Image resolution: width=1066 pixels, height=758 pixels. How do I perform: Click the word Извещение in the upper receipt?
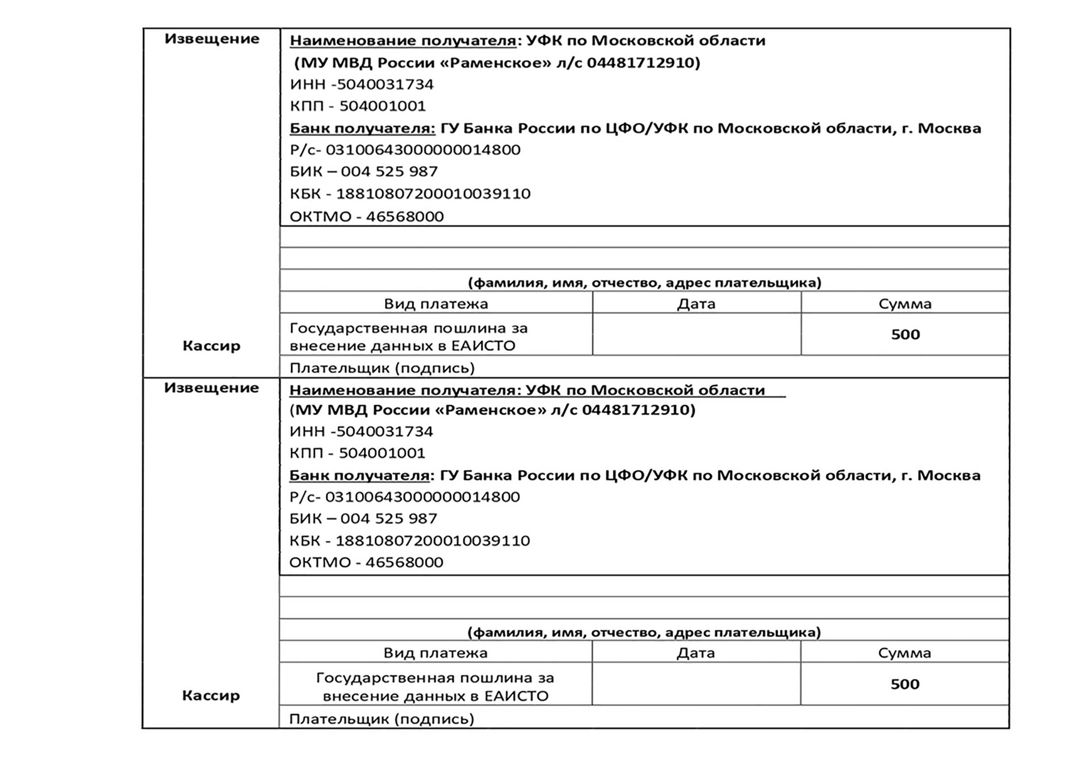(212, 39)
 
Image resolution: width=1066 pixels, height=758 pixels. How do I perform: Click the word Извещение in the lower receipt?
(212, 388)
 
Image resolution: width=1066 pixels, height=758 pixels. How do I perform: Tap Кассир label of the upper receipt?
(212, 346)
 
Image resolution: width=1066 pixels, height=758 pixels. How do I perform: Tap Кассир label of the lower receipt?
(211, 696)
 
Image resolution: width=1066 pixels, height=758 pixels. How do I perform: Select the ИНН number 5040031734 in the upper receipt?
(385, 85)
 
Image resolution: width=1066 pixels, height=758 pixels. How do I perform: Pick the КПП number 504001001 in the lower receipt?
(382, 453)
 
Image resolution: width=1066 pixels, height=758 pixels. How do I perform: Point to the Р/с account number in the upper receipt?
(423, 150)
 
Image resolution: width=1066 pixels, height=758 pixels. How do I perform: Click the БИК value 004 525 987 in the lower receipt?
(389, 519)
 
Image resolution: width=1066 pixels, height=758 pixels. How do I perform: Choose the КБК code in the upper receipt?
(433, 194)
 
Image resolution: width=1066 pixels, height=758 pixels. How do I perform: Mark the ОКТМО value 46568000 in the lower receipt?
(404, 562)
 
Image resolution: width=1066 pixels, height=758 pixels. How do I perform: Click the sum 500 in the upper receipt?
(905, 335)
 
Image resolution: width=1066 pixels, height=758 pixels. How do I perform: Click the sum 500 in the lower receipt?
(905, 684)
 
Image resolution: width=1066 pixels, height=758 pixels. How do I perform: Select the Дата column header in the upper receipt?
(697, 304)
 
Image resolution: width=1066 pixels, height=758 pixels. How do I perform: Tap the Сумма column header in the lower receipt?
(904, 653)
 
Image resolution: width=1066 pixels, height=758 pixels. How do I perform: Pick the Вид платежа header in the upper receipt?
(436, 304)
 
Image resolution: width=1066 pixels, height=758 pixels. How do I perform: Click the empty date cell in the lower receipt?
(696, 684)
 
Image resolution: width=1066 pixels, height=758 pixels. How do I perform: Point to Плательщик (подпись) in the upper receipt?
(382, 368)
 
